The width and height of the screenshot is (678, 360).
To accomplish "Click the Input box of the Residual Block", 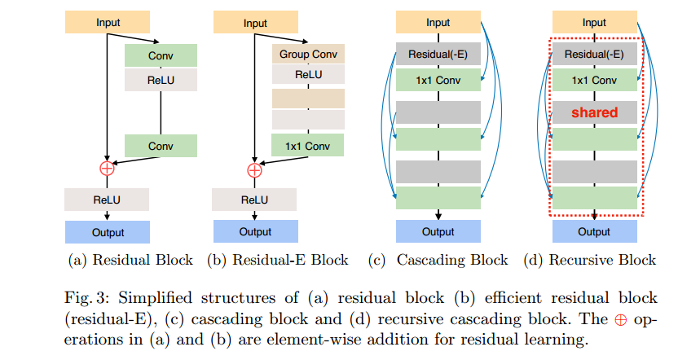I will point(107,23).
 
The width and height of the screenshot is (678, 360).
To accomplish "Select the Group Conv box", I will point(307,55).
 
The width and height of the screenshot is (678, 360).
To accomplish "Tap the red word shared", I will point(593,112).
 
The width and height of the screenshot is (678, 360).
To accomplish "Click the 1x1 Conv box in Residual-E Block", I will point(307,146).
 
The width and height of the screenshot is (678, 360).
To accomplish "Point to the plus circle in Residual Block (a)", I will point(107,169).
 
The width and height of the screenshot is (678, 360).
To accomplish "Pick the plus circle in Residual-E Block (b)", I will point(254,169).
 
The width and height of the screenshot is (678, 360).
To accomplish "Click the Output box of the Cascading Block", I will point(438,232).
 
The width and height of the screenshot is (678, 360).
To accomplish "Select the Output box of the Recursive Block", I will point(593,232).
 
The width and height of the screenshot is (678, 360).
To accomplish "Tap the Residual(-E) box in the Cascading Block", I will point(438,55).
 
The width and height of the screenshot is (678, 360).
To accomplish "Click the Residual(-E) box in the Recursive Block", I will point(593,55).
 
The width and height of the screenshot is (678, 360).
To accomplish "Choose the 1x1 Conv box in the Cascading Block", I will point(438,80).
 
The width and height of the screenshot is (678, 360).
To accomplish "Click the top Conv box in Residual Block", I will point(161,55).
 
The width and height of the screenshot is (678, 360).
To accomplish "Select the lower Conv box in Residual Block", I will point(161,147).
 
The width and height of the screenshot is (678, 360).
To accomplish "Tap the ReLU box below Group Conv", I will point(307,76).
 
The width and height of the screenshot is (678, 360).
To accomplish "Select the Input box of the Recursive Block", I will point(593,23).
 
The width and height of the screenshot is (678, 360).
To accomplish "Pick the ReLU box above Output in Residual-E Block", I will point(254,200).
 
